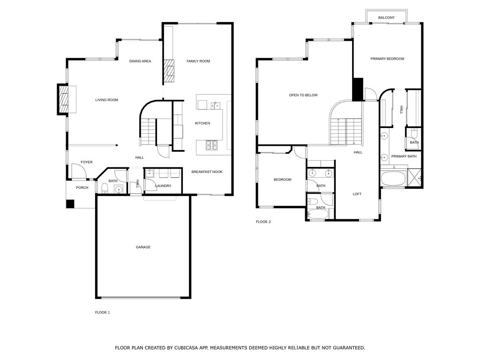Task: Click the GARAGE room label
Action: [143, 247]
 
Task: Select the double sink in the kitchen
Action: [216, 105]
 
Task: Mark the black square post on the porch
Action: [70, 204]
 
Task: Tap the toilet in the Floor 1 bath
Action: [105, 189]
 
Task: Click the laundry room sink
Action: [150, 173]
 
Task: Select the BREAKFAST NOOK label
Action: [207, 172]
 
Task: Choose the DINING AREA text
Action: [140, 61]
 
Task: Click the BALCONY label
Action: [386, 18]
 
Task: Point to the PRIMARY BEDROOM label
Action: [387, 59]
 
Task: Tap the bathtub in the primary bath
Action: [392, 179]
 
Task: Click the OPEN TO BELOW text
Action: [303, 95]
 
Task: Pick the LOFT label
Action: [357, 194]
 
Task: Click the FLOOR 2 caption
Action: [263, 222]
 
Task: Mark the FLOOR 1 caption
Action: [102, 312]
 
